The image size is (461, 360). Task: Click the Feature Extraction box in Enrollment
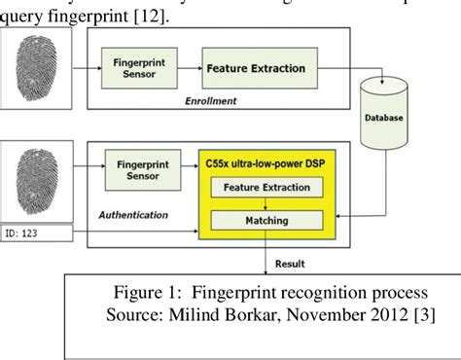256,69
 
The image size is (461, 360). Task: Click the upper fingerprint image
36,73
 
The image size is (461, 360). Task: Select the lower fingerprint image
36,179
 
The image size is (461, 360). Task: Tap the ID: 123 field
36,234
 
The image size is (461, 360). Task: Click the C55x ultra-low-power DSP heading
266,159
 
